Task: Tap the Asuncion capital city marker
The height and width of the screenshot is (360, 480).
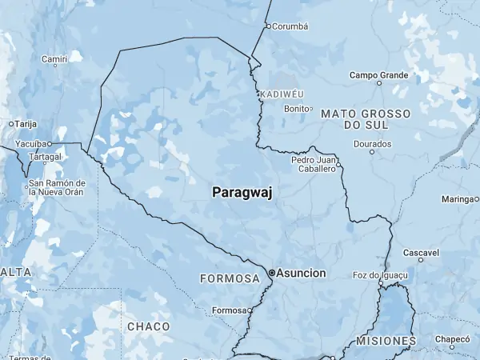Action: tap(272, 273)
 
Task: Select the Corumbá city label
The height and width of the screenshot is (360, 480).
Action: tap(290, 26)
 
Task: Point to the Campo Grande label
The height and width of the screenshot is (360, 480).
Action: tap(378, 75)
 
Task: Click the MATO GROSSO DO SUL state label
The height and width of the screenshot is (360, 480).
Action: tap(366, 120)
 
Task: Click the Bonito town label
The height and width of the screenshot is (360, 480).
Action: tap(296, 109)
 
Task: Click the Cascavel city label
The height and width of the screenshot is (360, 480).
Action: tap(422, 253)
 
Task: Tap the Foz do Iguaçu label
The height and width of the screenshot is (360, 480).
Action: tap(380, 275)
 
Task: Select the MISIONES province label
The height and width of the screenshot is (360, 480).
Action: tap(386, 341)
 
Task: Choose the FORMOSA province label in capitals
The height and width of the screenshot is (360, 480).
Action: tap(230, 278)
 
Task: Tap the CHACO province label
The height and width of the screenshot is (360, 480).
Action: tap(148, 326)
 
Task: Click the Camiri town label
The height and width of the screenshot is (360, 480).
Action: tap(54, 58)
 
